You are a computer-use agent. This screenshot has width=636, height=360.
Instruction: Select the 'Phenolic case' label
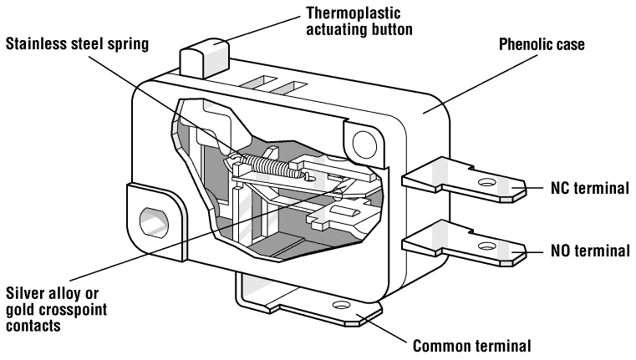[x=541, y=44]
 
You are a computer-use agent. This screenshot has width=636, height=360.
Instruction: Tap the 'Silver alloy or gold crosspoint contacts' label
[x=58, y=309]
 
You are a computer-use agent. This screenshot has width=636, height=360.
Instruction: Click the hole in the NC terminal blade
[x=485, y=184]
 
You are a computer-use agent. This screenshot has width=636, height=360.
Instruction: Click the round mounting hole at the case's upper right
[x=362, y=145]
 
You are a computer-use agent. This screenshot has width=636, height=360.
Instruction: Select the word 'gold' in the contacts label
[x=23, y=309]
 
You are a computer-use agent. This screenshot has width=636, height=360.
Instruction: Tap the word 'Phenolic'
[x=525, y=44]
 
